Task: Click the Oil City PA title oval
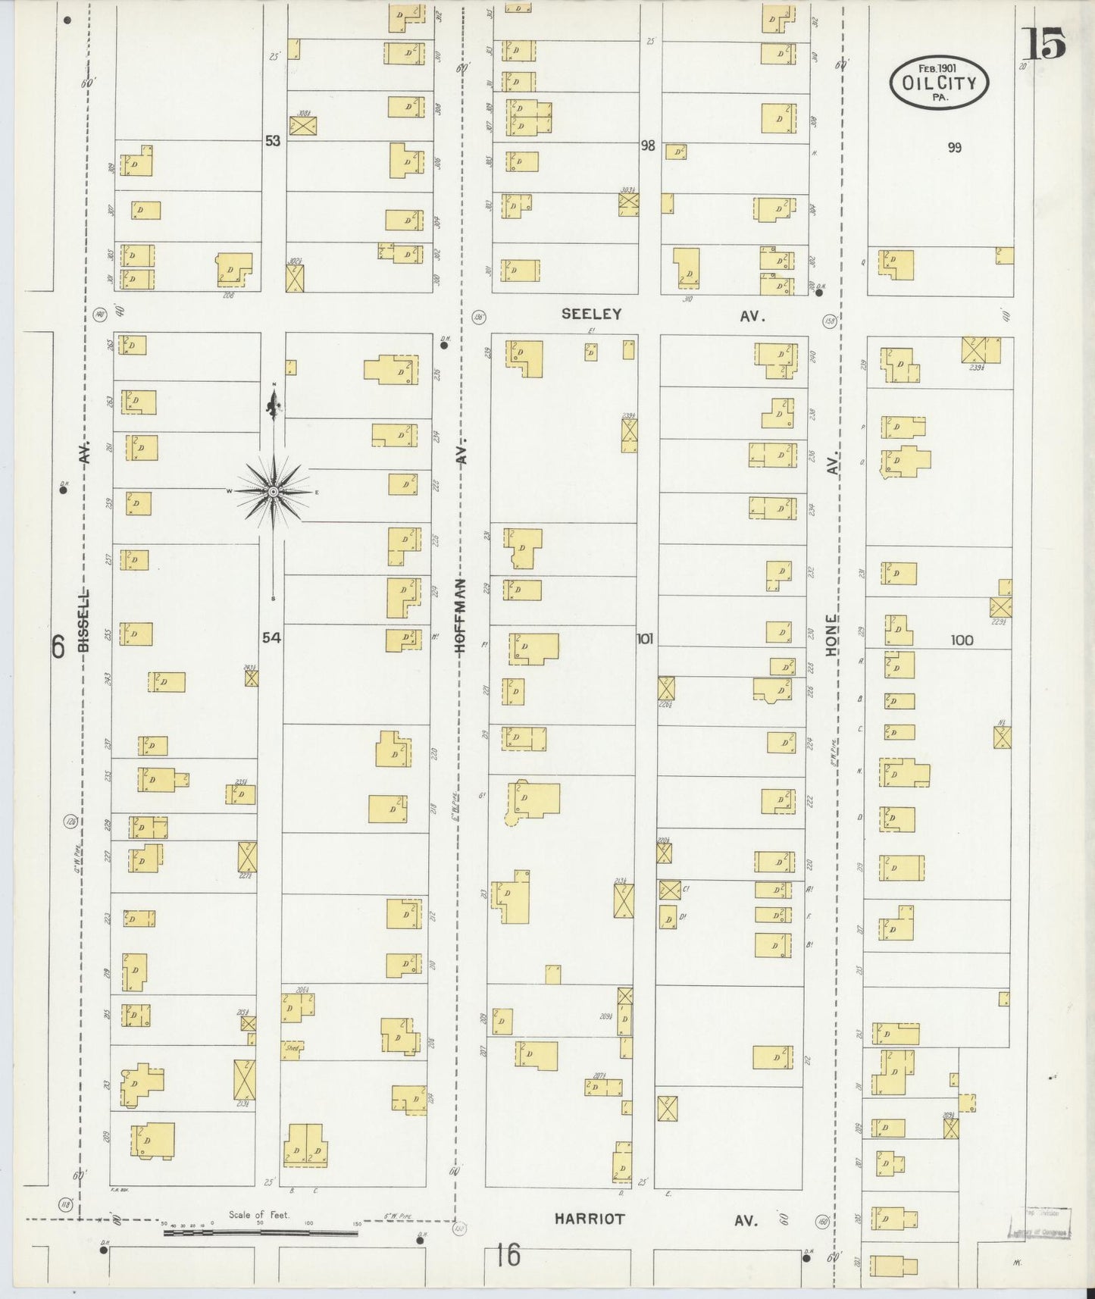click(x=939, y=83)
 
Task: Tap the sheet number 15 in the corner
click(x=1043, y=43)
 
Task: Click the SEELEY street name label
click(x=591, y=314)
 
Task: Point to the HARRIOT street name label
click(x=590, y=1219)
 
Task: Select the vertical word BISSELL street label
click(x=83, y=620)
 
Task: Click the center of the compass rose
click(x=273, y=492)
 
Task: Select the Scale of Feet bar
click(x=261, y=1233)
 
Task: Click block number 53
click(x=272, y=140)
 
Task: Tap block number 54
click(x=271, y=637)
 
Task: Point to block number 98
click(x=647, y=146)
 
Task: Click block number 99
click(x=954, y=147)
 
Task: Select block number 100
click(x=962, y=640)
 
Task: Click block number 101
click(x=644, y=638)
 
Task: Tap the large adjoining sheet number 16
click(x=508, y=1255)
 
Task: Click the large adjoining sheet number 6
click(x=57, y=646)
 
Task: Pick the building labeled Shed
click(x=293, y=1049)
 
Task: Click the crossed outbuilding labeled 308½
click(x=302, y=126)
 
